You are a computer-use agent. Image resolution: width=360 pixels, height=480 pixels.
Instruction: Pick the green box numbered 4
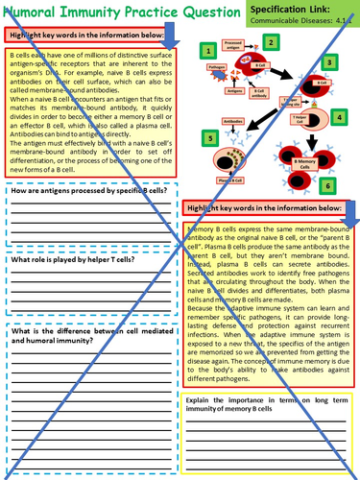[338, 117]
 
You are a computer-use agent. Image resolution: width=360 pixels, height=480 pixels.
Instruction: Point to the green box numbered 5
[209, 137]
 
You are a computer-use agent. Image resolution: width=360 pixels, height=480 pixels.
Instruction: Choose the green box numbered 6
[328, 184]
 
